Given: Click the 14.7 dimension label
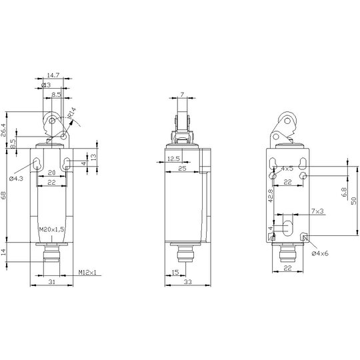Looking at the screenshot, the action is point(53,75).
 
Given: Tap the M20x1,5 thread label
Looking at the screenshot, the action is point(51,229).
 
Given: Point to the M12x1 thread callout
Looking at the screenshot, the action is point(87,272).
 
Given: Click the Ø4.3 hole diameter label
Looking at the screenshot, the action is point(16,179).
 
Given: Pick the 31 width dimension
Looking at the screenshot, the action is point(51,282).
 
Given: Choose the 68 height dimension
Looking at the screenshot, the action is point(3,195).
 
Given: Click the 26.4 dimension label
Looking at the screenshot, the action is point(3,130).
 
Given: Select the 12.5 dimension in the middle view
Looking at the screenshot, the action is point(173,159).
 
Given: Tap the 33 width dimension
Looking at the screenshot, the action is point(187,282).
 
